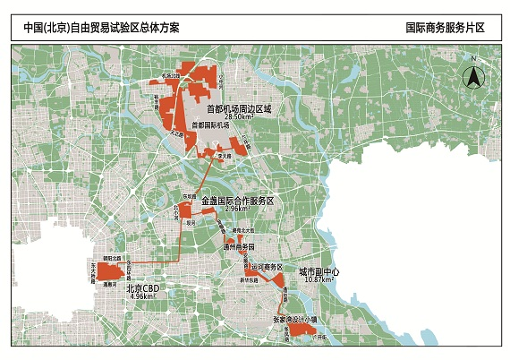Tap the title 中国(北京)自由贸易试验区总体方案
[102, 27]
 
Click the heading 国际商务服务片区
[444, 27]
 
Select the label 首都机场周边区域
[237, 108]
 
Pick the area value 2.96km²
[237, 210]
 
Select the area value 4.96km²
[143, 296]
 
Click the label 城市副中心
[319, 270]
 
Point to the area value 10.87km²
[319, 279]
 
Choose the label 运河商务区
[266, 268]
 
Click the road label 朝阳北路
[112, 257]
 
